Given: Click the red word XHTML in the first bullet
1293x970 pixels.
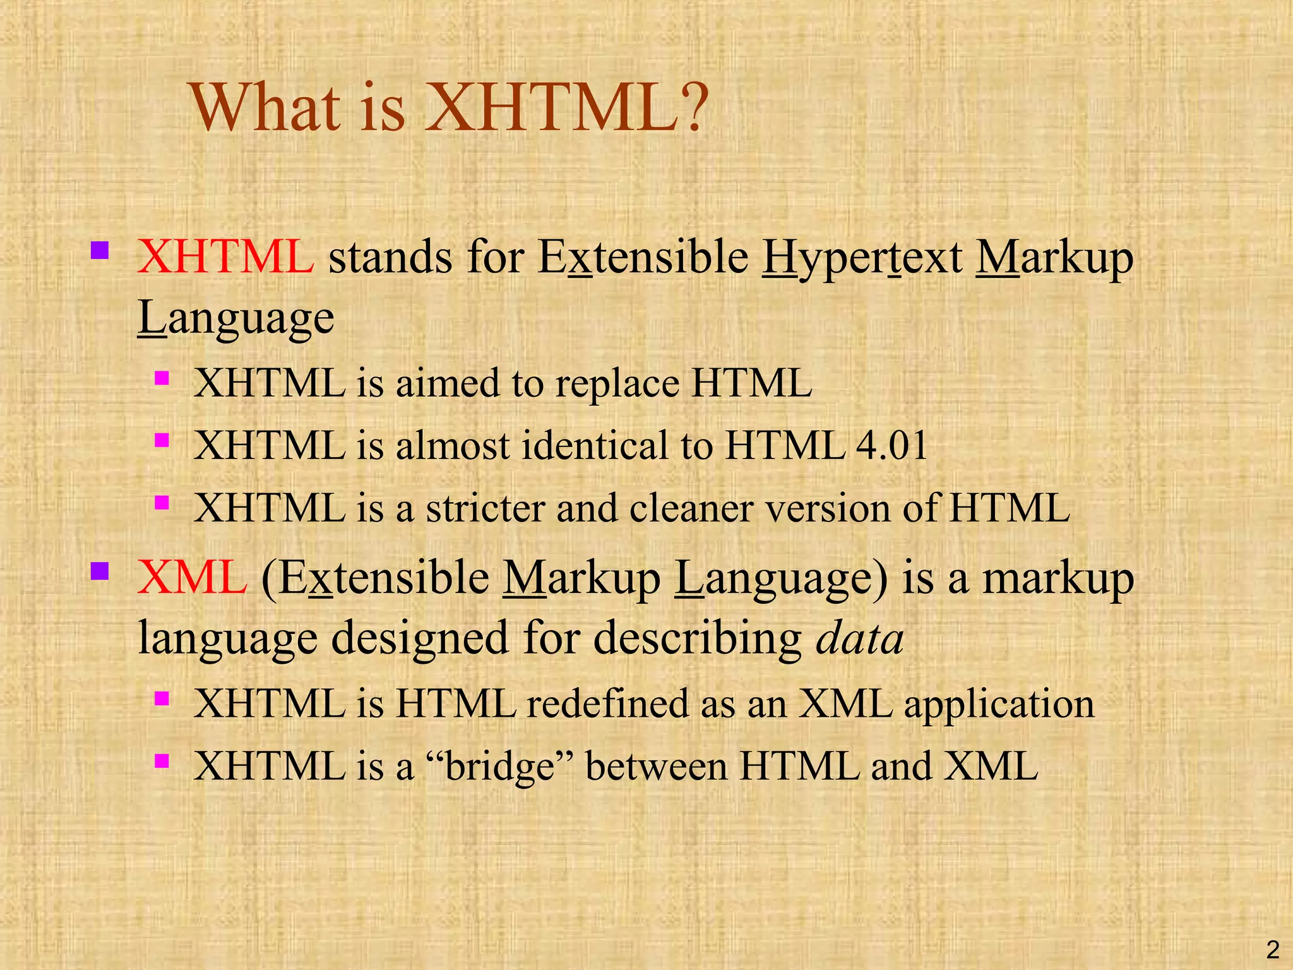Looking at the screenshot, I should point(225,257).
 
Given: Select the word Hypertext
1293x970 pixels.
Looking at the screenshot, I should point(862,259).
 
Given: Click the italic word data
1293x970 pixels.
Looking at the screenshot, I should point(860,638).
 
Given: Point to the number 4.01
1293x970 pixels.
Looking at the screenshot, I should point(891,445).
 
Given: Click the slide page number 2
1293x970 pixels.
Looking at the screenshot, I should point(1273,950).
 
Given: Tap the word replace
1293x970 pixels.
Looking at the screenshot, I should point(617,384).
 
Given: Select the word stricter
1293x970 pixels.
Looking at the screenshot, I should point(485,508).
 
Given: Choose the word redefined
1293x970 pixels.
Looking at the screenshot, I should point(607,704).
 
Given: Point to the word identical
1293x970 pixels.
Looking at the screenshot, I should point(596,445).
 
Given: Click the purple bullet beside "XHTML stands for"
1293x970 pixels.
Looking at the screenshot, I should point(100,251).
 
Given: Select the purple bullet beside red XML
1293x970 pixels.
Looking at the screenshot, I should point(100,572).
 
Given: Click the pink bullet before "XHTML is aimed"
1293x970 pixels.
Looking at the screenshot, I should point(162,378).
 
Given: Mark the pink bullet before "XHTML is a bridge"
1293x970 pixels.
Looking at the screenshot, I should point(162,760).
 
